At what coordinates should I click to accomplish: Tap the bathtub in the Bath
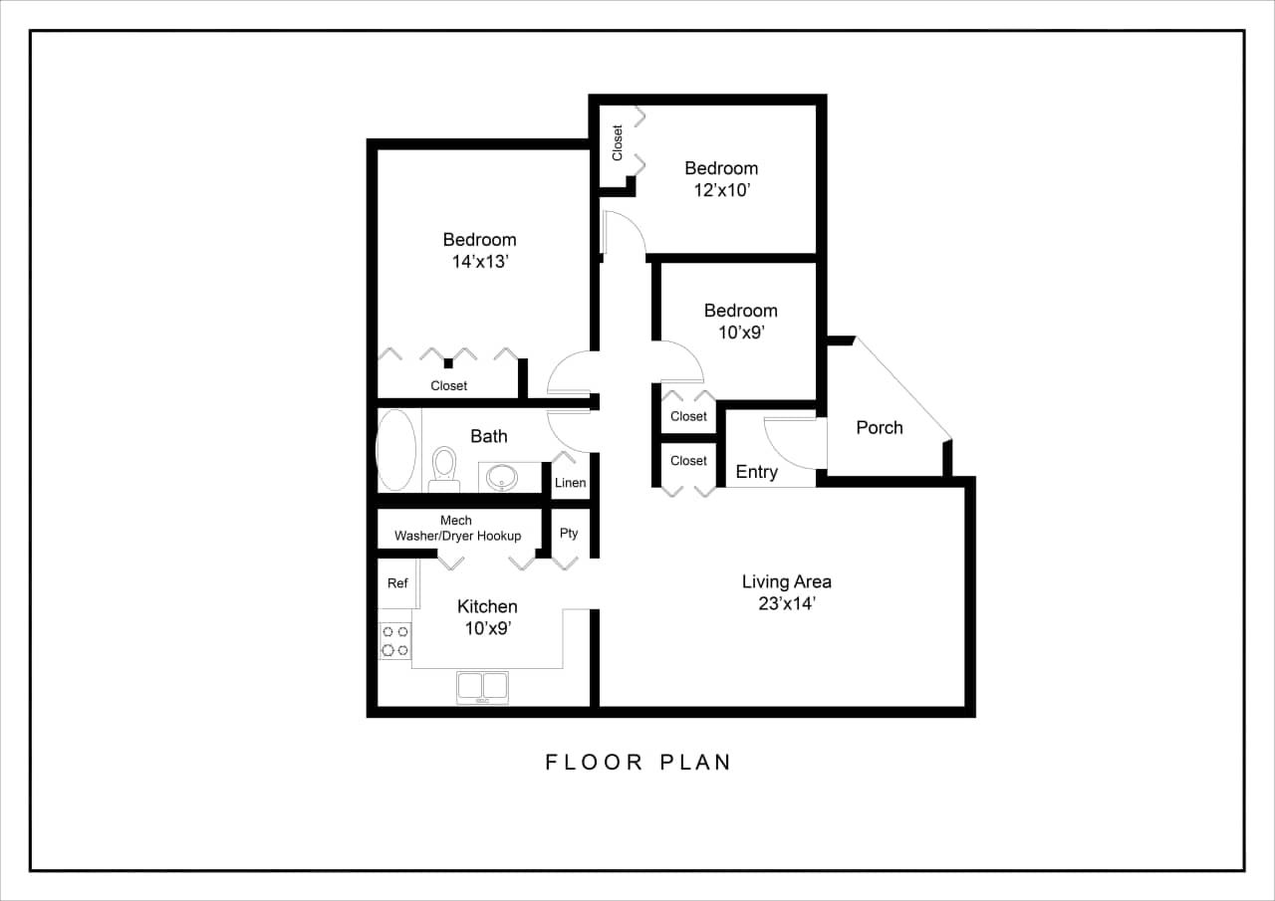tap(395, 450)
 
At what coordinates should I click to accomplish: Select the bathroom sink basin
tap(501, 477)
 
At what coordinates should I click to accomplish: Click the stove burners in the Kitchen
tap(394, 640)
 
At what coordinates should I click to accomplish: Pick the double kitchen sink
tap(482, 687)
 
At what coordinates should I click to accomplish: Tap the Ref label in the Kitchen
tap(397, 583)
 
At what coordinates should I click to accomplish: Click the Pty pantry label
tap(569, 534)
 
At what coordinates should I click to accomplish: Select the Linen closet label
tap(570, 483)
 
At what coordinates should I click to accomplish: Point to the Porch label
tap(880, 427)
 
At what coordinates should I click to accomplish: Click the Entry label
tap(756, 472)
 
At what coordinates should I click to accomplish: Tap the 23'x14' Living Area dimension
tap(787, 603)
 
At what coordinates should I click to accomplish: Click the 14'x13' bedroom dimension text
tap(480, 262)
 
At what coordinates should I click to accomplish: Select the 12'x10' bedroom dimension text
tap(721, 190)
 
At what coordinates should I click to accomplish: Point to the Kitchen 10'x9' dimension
tap(488, 628)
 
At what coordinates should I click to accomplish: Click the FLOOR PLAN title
tap(638, 763)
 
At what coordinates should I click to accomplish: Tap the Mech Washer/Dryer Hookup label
tap(457, 529)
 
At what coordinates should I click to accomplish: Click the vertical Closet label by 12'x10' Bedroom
tap(618, 142)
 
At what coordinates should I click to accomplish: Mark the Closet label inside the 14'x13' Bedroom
tap(448, 385)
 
